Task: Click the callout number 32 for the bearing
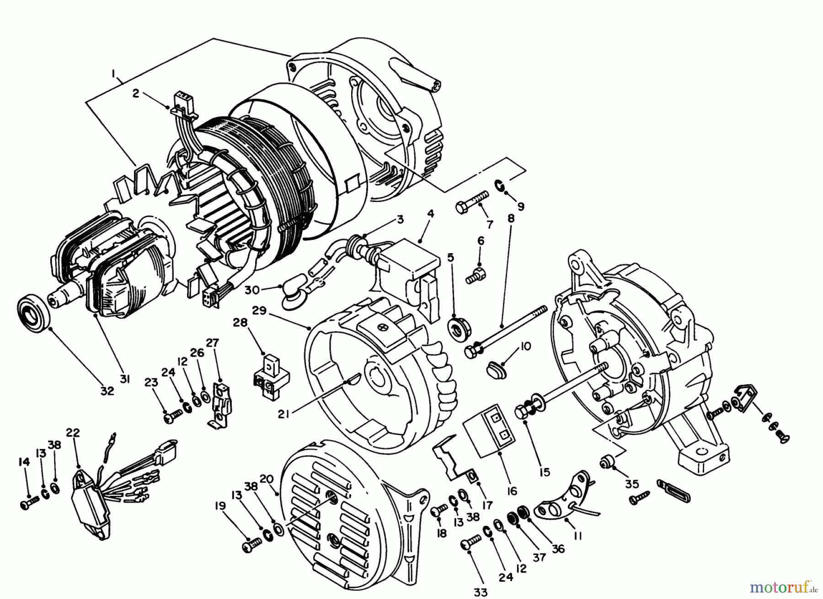(x=107, y=391)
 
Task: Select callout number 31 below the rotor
(x=124, y=379)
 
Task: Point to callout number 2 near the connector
(x=136, y=93)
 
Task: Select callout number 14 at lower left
(x=24, y=462)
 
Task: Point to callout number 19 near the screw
(x=220, y=506)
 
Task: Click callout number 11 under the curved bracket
(x=578, y=536)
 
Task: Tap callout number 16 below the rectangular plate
(x=512, y=491)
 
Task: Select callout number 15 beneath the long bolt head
(x=545, y=472)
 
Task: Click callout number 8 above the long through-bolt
(x=511, y=218)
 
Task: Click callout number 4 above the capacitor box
(x=431, y=214)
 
